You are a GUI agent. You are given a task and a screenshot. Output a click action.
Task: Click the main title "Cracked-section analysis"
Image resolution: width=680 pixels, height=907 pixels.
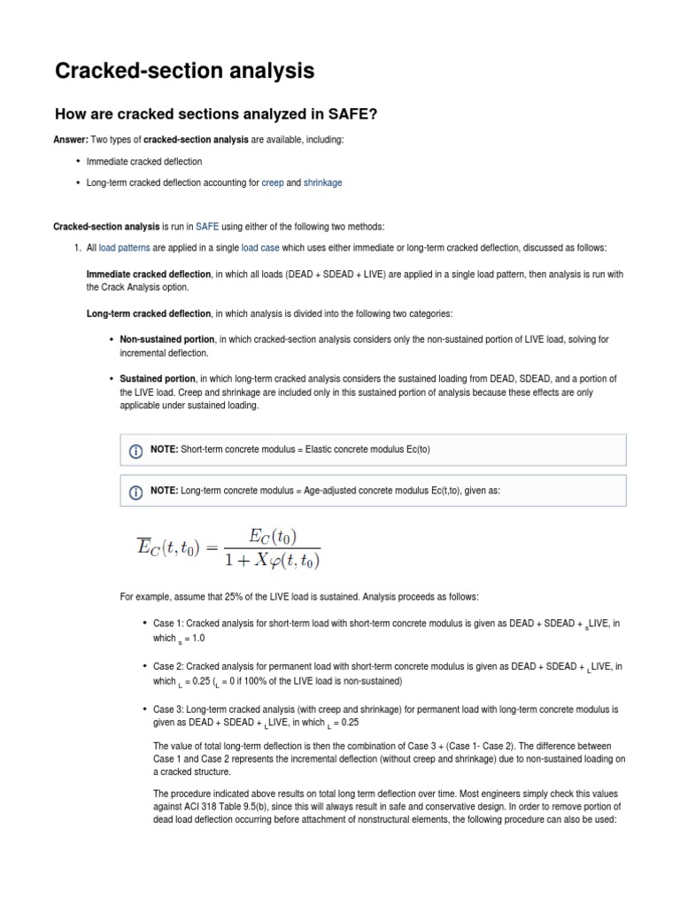click(184, 71)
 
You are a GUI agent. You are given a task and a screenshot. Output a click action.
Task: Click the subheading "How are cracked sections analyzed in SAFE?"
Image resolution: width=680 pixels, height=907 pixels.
click(217, 114)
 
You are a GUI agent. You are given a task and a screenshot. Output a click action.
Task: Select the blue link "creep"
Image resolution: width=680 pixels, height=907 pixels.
click(272, 182)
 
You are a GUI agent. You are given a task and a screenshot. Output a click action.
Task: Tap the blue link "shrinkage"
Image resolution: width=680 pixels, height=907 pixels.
click(322, 182)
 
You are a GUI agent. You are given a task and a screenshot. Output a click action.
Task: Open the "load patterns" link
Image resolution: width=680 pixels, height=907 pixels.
click(124, 247)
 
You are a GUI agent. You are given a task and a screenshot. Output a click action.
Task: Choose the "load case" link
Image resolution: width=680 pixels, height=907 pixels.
click(260, 247)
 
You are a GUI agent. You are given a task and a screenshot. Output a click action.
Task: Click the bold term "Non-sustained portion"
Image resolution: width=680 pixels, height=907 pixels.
click(167, 339)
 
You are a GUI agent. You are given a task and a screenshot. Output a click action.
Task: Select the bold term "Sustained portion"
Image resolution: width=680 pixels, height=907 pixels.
click(158, 378)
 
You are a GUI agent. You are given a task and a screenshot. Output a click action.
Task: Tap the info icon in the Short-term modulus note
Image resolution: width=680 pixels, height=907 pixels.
click(136, 451)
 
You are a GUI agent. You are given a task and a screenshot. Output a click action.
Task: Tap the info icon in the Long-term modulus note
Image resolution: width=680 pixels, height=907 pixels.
click(136, 492)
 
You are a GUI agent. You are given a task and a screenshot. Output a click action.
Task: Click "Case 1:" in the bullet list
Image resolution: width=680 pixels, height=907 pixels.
click(167, 624)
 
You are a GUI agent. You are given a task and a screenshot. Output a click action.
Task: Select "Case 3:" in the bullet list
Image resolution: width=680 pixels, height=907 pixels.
click(167, 709)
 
